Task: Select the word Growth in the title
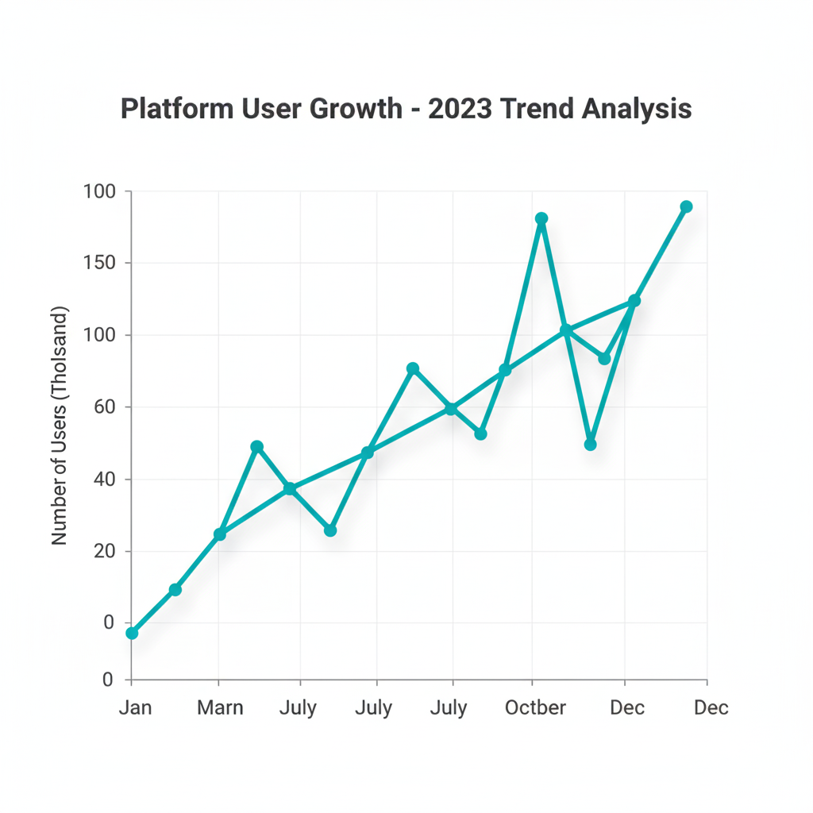coord(356,109)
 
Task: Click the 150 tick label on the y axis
coord(99,263)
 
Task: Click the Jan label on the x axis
coord(135,707)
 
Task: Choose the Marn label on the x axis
coord(220,707)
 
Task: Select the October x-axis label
coord(535,707)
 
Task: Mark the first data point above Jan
coord(132,633)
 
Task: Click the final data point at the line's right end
coord(687,206)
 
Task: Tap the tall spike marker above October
coord(541,218)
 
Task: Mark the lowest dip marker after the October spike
coord(590,445)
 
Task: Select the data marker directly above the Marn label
coord(220,534)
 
